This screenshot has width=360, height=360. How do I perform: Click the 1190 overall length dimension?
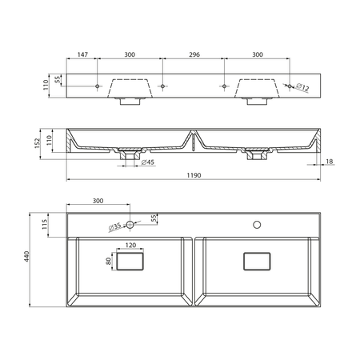tap(194, 175)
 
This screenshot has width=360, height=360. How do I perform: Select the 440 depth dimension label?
tap(26, 256)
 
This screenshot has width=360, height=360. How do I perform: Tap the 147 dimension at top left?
tap(82, 54)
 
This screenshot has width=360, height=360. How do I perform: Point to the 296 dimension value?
tap(194, 54)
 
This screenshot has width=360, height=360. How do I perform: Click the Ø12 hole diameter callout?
tap(302, 87)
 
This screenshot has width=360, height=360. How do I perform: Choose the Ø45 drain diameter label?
tap(148, 162)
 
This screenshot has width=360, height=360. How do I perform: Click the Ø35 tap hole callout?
tap(114, 227)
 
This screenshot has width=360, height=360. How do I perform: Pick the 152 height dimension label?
tap(37, 143)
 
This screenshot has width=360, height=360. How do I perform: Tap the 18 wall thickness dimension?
tap(330, 161)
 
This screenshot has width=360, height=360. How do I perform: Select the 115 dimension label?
tap(45, 224)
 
